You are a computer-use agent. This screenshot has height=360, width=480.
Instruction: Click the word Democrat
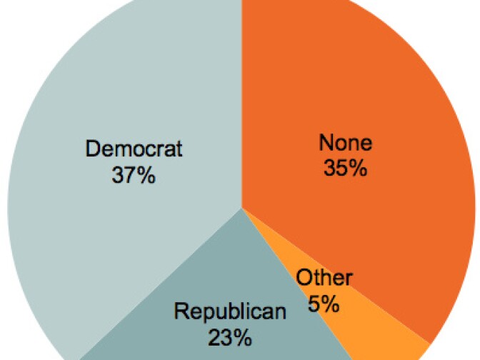tap(134, 149)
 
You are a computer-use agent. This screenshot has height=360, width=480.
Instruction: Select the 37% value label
tap(134, 175)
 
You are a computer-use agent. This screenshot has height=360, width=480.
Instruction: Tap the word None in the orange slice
tap(345, 142)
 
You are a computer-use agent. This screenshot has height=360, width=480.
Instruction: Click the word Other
tap(324, 279)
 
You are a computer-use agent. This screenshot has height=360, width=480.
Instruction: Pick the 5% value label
tap(324, 304)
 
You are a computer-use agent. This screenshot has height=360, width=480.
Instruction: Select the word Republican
tap(230, 311)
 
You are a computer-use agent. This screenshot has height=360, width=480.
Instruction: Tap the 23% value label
tap(230, 336)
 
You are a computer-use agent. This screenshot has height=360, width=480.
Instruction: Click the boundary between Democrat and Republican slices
tap(161, 282)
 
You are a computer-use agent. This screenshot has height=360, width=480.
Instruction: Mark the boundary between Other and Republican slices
tap(300, 286)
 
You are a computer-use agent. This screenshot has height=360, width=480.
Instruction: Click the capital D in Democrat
tap(92, 149)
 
